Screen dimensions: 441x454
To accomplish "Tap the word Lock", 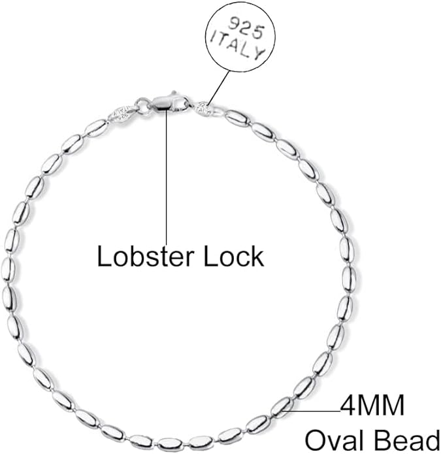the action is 235,257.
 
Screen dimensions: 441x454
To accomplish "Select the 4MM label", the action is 372,406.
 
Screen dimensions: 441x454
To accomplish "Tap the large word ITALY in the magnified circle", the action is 237,48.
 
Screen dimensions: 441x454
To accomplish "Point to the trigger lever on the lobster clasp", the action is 173,94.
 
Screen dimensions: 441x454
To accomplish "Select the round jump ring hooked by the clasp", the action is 142,105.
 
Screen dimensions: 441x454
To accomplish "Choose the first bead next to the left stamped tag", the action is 97,127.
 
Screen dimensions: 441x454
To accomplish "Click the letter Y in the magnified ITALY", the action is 259,56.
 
